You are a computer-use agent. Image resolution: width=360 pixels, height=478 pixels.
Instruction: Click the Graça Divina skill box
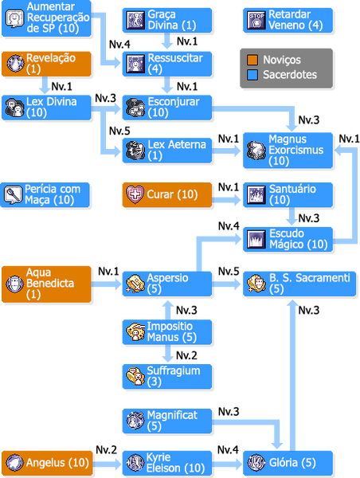tap(167, 20)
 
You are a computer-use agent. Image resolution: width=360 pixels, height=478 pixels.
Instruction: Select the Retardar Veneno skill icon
tap(256, 20)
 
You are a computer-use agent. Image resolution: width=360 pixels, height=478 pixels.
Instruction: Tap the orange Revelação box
tap(46, 64)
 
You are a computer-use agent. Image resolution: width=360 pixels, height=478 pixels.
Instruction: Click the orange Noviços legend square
tap(252, 60)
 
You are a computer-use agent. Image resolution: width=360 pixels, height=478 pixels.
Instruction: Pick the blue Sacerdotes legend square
tap(252, 75)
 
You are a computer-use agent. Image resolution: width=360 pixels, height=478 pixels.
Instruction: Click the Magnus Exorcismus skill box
tap(288, 150)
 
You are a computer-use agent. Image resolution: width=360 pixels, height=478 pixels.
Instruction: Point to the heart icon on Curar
tap(135, 194)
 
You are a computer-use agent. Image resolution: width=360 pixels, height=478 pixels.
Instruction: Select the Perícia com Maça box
tap(45, 195)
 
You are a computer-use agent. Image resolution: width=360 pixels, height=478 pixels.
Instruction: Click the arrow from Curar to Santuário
tap(226, 200)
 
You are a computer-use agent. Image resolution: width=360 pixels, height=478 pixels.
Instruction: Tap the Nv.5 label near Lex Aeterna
tap(119, 131)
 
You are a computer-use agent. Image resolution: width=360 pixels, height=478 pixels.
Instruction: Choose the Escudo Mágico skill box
tap(288, 239)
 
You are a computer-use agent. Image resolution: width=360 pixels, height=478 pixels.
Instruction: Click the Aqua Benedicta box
tap(46, 284)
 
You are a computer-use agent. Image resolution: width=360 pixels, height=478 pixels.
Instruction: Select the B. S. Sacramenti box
tap(299, 284)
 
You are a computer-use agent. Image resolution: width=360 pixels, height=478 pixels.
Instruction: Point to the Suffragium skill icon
tap(135, 376)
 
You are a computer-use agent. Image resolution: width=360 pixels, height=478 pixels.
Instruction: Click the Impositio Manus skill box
tap(167, 332)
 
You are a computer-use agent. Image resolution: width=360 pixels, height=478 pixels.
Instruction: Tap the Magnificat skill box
tap(167, 421)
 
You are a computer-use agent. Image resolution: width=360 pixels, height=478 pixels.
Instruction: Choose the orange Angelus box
tap(47, 463)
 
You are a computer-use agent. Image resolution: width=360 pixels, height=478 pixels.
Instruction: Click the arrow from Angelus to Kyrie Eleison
tap(107, 464)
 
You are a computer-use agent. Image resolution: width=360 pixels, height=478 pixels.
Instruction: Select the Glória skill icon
tap(256, 463)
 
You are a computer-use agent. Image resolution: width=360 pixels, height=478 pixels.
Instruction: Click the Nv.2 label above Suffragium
tap(186, 355)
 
